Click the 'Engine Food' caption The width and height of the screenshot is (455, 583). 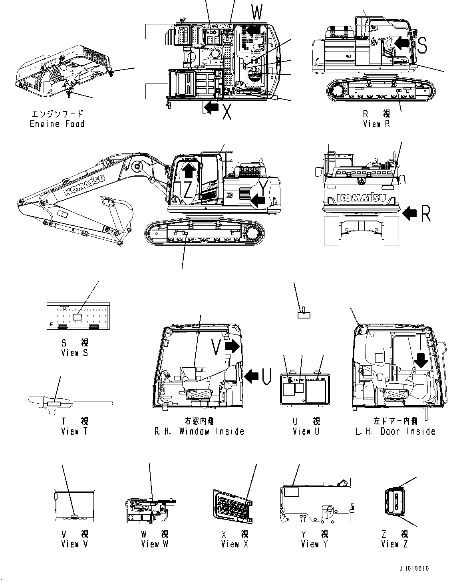(x=57, y=124)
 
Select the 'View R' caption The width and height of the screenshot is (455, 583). (x=376, y=124)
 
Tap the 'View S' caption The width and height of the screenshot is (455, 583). (x=74, y=353)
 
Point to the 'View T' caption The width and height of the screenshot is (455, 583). (x=74, y=431)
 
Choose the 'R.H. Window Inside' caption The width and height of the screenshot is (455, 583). (x=199, y=431)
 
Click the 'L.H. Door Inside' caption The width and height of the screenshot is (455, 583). (x=395, y=431)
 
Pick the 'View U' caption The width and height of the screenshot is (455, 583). (x=306, y=431)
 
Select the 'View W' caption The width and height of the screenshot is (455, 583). (x=155, y=544)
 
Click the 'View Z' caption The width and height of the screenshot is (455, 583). (x=394, y=544)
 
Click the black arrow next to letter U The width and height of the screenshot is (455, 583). (x=251, y=376)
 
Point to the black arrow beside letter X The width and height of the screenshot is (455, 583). (x=211, y=107)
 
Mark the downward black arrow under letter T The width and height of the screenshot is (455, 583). (x=421, y=360)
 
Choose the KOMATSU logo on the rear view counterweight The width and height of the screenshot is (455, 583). (x=362, y=197)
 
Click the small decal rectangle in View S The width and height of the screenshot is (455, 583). (x=77, y=316)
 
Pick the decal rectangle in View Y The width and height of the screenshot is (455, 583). (x=292, y=492)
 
